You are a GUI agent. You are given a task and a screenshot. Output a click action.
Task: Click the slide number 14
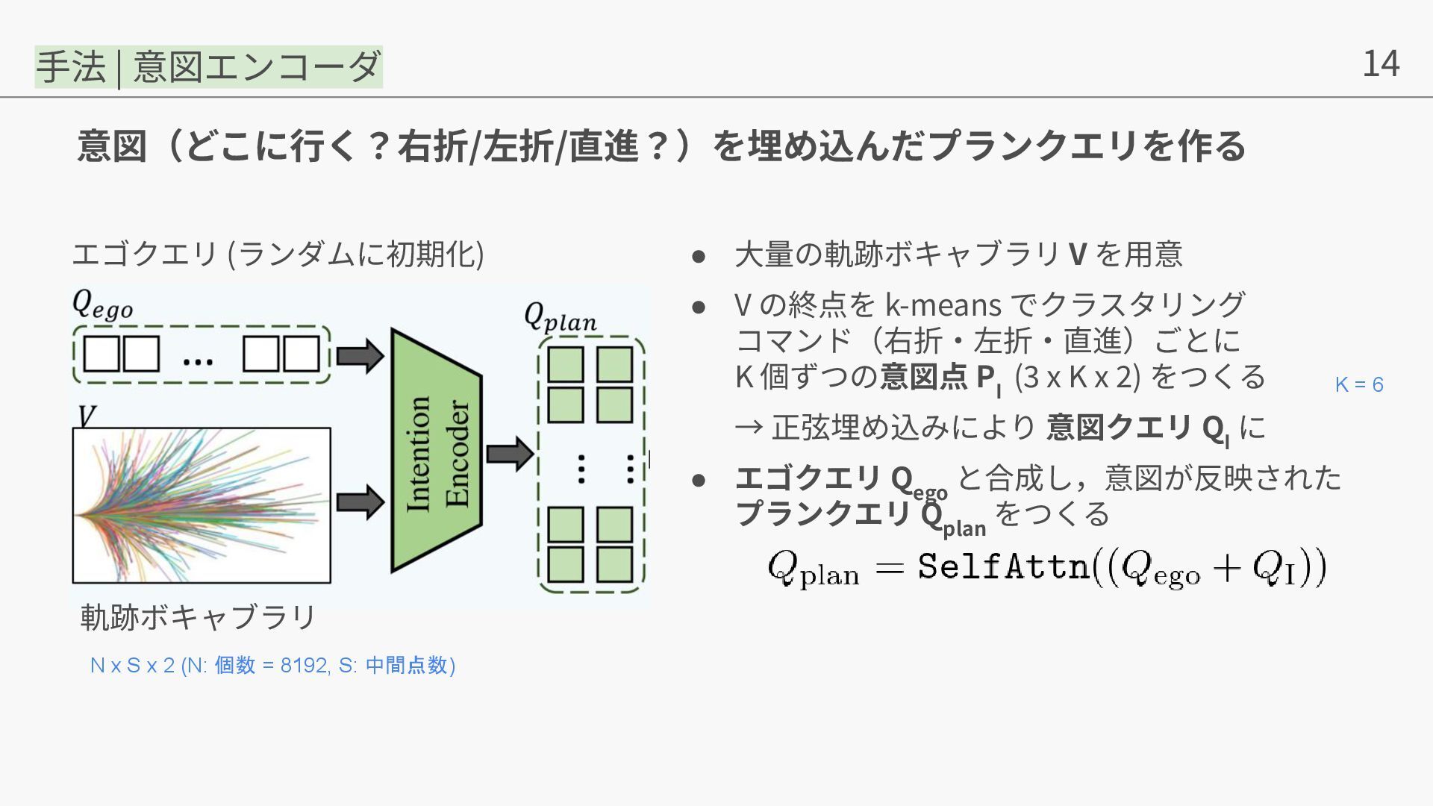pos(1380,63)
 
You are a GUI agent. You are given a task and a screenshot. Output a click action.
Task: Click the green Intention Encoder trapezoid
pos(437,452)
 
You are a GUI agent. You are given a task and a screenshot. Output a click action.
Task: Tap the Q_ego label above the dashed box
pos(102,304)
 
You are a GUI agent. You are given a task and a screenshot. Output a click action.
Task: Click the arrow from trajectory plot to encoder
pos(360,502)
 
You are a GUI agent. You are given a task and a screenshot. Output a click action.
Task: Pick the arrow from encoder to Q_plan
pos(510,453)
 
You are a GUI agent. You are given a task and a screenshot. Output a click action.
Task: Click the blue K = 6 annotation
pos(1358,385)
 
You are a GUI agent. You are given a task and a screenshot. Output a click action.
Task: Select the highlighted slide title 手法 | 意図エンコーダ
pos(209,66)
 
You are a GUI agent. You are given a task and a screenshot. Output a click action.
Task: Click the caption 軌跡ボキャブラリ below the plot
pos(199,617)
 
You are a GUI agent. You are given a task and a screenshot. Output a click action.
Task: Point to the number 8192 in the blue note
pos(304,665)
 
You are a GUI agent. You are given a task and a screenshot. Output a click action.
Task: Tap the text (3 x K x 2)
pos(1077,377)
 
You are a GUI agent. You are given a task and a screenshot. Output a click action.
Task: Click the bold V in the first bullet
pos(1077,254)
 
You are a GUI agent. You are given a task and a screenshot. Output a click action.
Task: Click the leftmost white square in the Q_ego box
pos(102,354)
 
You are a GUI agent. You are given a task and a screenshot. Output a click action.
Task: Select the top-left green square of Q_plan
pos(566,365)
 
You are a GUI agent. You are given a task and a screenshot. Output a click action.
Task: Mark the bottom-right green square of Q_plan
pos(615,565)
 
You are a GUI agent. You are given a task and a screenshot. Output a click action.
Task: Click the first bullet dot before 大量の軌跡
pos(699,256)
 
